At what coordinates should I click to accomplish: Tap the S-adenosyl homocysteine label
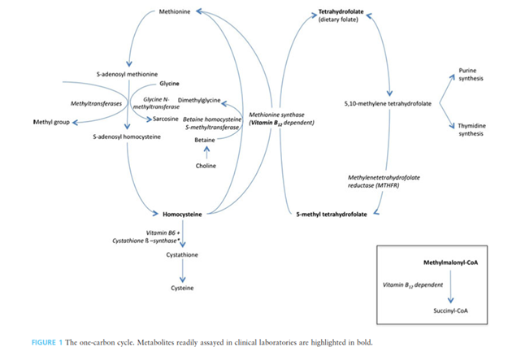(x=127, y=137)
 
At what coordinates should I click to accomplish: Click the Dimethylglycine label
(x=199, y=100)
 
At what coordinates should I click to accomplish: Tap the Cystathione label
(x=184, y=256)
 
